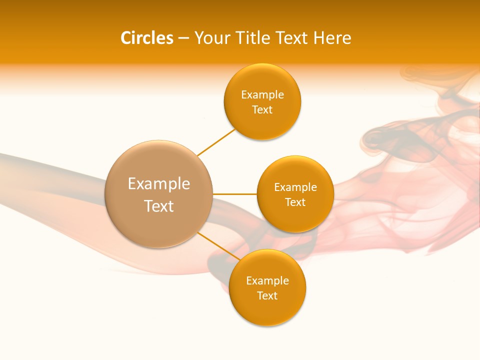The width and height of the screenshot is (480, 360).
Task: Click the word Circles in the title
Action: pos(147,38)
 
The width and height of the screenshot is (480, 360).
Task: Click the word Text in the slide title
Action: pos(293,38)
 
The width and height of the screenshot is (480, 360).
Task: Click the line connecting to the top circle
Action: pos(216,142)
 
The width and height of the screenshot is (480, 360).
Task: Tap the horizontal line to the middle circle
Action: pos(234,194)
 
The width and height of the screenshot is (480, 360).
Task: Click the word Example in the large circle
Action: pos(158,184)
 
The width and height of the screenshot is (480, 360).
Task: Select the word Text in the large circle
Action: pos(158,206)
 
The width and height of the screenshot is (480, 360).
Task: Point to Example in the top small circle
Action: pos(262,95)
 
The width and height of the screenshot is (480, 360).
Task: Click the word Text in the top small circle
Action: pos(262,110)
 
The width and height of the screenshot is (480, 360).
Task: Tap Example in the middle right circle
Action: pos(295,187)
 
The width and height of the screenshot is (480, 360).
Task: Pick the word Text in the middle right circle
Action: pos(295,202)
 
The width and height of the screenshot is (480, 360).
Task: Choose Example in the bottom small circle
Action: pos(267,281)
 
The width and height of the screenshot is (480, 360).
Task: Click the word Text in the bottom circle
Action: pos(267,296)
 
